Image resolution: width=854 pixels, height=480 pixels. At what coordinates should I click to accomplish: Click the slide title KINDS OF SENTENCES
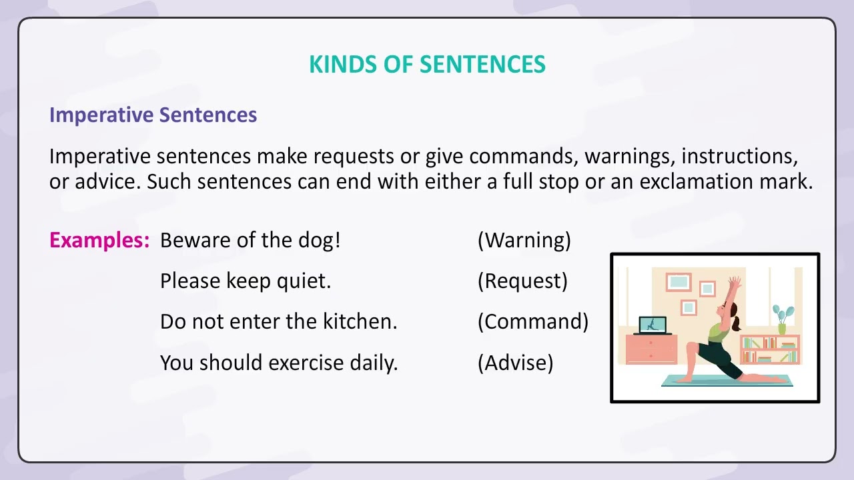click(x=427, y=64)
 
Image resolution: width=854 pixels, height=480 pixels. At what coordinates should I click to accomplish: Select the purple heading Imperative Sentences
click(x=153, y=115)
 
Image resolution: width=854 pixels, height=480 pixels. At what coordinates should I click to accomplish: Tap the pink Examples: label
click(x=99, y=240)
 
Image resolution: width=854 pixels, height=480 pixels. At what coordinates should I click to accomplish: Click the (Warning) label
click(x=524, y=240)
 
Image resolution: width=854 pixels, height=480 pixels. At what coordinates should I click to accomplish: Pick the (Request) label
click(x=522, y=281)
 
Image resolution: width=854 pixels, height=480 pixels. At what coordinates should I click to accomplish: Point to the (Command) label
click(x=533, y=321)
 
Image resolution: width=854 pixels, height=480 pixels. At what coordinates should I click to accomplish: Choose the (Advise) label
click(x=515, y=363)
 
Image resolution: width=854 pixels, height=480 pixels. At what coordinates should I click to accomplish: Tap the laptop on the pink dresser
click(x=652, y=325)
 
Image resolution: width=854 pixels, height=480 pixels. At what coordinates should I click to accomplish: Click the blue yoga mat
click(x=727, y=382)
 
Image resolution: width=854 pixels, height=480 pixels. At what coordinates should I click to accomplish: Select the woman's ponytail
click(x=736, y=324)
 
